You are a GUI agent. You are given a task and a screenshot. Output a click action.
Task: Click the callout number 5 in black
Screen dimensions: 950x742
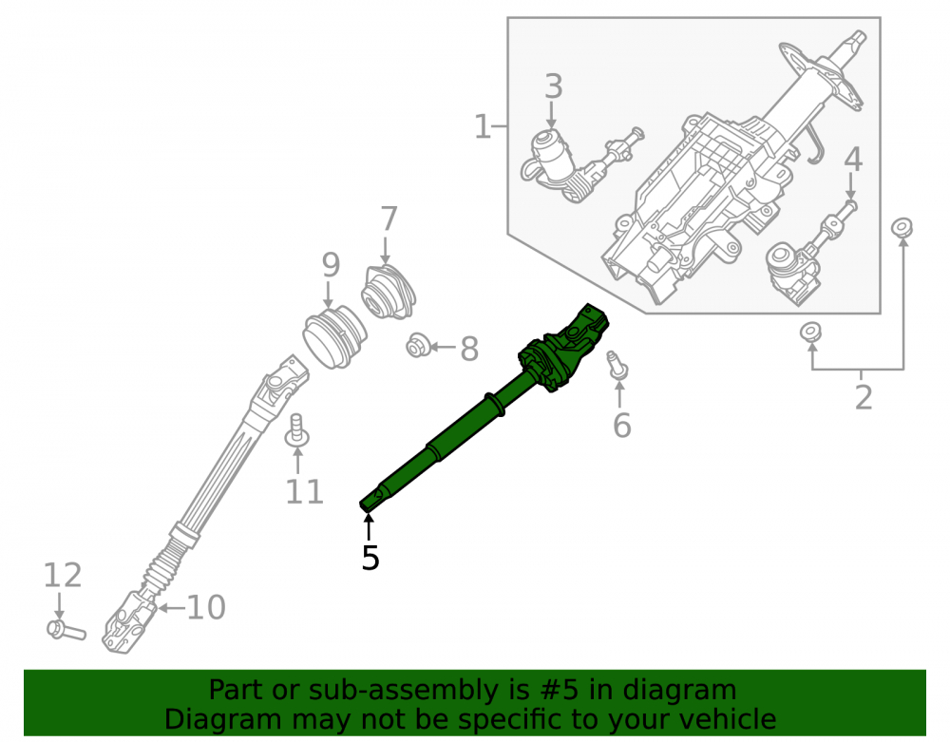pos(370,558)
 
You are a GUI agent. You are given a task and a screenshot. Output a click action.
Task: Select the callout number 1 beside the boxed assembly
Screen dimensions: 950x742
pos(483,127)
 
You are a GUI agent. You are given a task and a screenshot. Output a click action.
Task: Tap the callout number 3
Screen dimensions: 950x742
pos(553,86)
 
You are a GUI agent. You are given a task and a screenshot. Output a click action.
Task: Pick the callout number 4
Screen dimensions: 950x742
pos(853,160)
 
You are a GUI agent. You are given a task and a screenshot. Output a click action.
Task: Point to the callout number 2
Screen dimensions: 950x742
pos(864,397)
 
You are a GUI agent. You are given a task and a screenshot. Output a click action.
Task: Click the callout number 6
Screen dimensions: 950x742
pos(621,426)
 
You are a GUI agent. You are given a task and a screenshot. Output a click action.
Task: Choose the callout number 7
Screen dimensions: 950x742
pos(389,219)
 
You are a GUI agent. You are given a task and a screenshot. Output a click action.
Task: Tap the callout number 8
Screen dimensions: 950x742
pos(469,349)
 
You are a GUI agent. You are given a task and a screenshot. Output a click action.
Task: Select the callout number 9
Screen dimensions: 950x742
pos(331,265)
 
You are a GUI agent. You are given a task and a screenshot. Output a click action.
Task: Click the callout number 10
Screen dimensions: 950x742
pos(206,607)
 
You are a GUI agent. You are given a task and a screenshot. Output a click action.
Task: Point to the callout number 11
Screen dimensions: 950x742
pos(304,491)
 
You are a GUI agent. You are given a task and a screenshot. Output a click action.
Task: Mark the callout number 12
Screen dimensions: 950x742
pos(63,575)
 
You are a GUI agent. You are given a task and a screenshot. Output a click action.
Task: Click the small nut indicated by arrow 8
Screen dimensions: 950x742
pos(418,346)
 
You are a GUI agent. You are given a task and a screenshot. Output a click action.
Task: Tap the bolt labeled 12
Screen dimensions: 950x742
pos(66,631)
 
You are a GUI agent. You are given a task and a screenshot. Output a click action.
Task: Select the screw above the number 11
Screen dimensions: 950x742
pos(296,428)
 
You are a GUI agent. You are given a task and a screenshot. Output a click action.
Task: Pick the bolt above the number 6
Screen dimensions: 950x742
pos(617,365)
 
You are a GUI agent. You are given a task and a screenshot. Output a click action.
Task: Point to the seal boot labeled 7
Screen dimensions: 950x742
pos(389,293)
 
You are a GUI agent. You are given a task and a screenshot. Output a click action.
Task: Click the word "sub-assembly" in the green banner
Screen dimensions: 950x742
pos(403,690)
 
